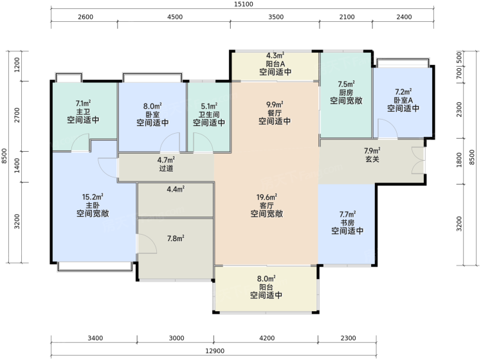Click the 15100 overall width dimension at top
pos(243,4)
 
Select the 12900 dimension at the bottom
pos(215,351)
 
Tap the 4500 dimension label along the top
pos(175,17)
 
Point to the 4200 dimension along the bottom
pos(267,338)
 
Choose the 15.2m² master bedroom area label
pos(93,197)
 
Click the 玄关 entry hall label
pos(372,159)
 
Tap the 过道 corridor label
pos(167,168)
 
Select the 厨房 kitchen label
pos(347,93)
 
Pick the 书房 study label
pos(347,222)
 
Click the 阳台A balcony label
pos(275,64)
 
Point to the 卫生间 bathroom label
pos(209,114)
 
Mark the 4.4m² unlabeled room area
pos(176,189)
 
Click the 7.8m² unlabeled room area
pos(176,238)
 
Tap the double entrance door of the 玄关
pos(418,160)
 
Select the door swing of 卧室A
pos(387,129)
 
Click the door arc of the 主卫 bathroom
pos(80,143)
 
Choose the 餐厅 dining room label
pos(275,113)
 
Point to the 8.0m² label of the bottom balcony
pos(266,279)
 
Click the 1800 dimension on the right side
pos(459,160)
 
